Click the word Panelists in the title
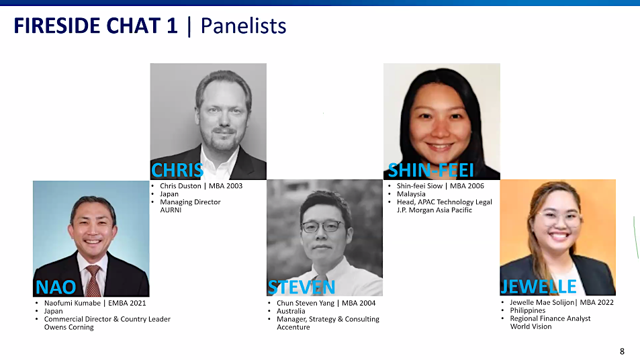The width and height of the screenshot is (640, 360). click(x=243, y=26)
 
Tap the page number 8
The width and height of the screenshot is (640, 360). click(x=622, y=351)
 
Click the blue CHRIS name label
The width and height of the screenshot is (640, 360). click(x=177, y=170)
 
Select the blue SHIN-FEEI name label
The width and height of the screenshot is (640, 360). click(x=430, y=170)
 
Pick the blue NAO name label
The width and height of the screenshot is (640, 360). click(x=56, y=287)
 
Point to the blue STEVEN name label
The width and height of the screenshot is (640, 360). click(x=302, y=287)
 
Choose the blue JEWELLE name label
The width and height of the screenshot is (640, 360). click(x=539, y=287)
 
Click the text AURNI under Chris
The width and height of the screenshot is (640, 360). click(x=171, y=210)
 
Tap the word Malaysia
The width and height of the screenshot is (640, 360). click(x=411, y=194)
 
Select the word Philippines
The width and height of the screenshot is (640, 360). click(x=528, y=310)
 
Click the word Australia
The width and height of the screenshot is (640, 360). click(x=291, y=311)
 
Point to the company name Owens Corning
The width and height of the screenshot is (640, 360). click(x=69, y=327)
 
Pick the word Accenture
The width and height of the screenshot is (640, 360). click(x=293, y=327)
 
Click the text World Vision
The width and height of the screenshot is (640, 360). click(x=531, y=326)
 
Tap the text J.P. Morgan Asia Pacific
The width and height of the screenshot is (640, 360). click(x=435, y=210)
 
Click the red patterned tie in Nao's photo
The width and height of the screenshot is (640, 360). click(x=93, y=281)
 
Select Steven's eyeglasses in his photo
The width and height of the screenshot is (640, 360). click(x=322, y=226)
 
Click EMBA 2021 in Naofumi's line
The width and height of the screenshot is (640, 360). click(x=127, y=303)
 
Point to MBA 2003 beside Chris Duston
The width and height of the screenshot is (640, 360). click(x=226, y=186)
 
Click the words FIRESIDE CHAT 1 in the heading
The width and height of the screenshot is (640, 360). click(x=96, y=26)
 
